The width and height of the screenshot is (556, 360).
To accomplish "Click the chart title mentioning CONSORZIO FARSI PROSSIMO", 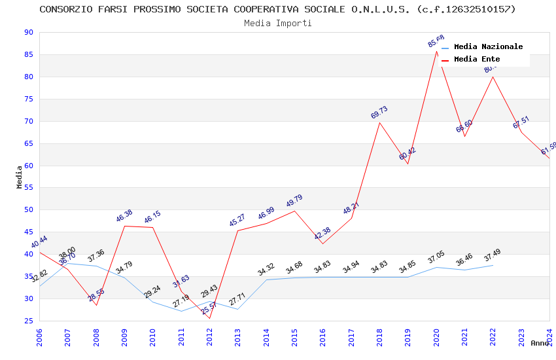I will (277, 9).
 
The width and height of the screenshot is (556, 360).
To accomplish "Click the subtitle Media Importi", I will (277, 23).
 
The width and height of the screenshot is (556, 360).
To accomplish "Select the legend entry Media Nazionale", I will (488, 46).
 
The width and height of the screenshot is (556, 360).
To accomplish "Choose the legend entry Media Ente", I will (477, 59).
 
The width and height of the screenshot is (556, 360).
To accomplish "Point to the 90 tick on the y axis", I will (27, 33).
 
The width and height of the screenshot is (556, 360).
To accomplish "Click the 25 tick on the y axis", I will (27, 321).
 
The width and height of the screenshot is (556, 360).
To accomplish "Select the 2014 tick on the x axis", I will (266, 335).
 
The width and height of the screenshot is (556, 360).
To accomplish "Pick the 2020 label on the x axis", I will (436, 335).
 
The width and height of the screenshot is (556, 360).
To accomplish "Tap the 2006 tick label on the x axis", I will (39, 335).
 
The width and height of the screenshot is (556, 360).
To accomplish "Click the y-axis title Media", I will (19, 177).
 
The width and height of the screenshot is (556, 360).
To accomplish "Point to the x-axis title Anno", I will (540, 343).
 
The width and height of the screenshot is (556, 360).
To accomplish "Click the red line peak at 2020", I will (436, 51).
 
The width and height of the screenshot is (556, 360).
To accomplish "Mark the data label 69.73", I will (379, 113).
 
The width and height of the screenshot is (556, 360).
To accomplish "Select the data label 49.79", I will (294, 201).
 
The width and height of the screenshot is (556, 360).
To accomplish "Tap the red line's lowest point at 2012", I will (209, 318).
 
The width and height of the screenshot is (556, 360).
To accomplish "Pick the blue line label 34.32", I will (266, 270).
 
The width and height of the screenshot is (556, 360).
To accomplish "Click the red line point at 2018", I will (379, 122).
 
